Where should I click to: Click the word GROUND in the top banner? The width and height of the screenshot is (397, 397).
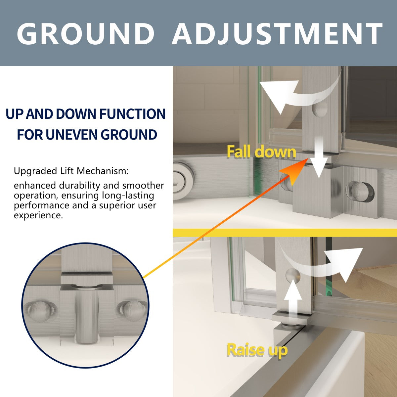pos(85,33)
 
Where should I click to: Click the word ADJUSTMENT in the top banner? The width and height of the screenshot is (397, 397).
pos(277,34)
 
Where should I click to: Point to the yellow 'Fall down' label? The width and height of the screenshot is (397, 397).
pos(261,152)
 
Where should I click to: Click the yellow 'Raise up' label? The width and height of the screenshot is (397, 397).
pos(257,350)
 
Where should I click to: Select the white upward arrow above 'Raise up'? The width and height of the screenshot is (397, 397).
pos(293,302)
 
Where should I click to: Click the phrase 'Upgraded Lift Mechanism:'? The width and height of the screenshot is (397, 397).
pos(71,171)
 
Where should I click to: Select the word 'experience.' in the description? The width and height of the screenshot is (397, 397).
pos(38,216)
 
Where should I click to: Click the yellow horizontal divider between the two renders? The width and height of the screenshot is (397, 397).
pos(285,233)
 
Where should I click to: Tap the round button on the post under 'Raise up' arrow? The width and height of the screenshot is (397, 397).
pos(292,276)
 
